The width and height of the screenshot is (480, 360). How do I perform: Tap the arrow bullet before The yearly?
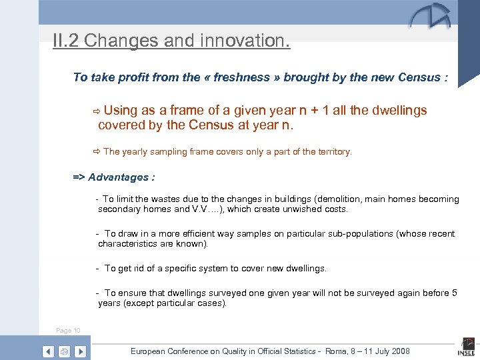(97, 152)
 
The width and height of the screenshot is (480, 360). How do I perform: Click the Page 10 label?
(68, 331)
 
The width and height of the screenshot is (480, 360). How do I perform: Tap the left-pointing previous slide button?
(48, 351)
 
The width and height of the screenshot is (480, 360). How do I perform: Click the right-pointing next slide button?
(80, 351)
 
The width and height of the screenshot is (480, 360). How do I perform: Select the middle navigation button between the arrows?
(64, 351)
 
